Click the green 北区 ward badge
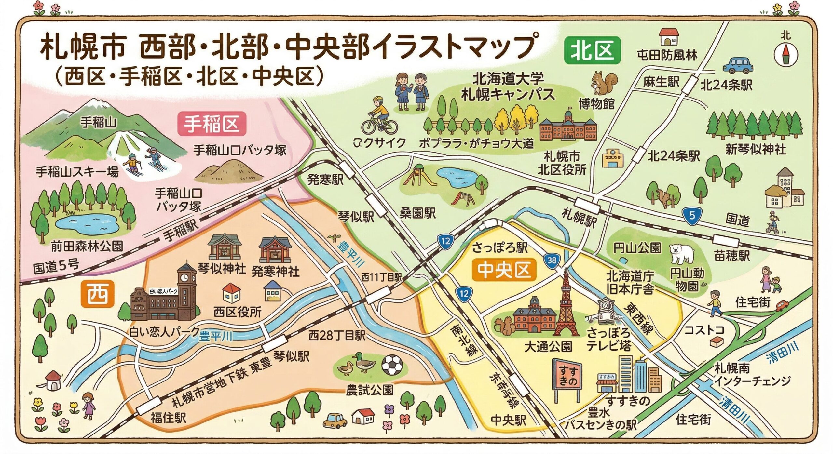pos(592,51)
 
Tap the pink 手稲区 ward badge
pos(212,124)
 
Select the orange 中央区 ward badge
pos(504,270)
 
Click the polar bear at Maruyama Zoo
pos(682,253)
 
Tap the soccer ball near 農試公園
pos(392,365)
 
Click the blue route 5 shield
pos(692,215)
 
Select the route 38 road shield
pos(552,260)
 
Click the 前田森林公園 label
pos(87,247)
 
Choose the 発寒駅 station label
pos(325,179)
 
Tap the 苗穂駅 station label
pos(732,255)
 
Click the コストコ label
pos(704,330)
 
